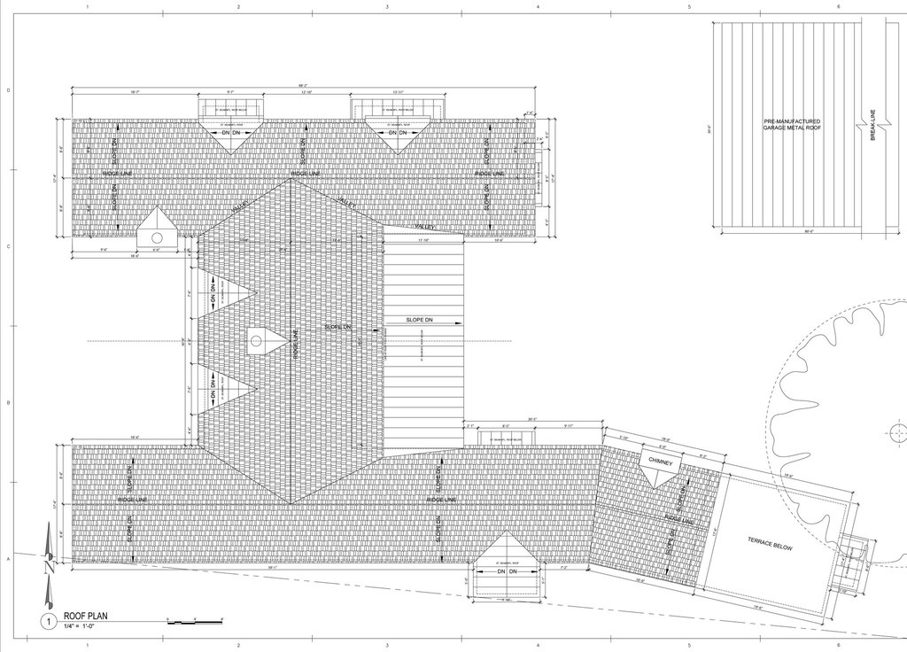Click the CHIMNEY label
click(x=661, y=462)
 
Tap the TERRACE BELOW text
click(x=769, y=544)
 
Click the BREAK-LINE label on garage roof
click(x=873, y=128)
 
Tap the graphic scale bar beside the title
click(x=193, y=621)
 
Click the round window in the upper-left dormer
click(x=156, y=237)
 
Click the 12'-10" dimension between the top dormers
click(x=306, y=92)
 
